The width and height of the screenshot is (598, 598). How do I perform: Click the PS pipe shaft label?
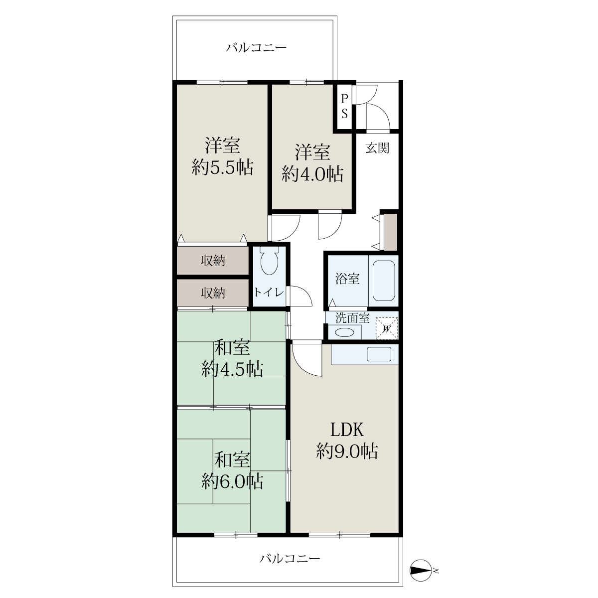tap(344, 107)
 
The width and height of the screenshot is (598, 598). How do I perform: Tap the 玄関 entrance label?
tap(377, 148)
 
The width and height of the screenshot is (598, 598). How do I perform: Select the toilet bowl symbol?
tap(269, 260)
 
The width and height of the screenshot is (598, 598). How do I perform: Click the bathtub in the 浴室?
tap(384, 281)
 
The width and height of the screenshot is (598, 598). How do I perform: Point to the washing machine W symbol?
tap(387, 328)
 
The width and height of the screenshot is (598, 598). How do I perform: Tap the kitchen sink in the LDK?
tap(379, 354)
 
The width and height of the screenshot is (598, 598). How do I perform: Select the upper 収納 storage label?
tap(213, 261)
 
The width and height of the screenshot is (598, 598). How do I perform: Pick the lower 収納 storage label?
tap(213, 293)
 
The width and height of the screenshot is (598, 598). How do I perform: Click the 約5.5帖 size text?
tap(222, 167)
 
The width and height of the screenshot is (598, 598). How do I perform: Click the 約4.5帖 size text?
tap(232, 369)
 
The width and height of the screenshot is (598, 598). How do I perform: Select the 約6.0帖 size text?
tap(232, 481)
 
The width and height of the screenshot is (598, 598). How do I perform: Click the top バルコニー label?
tap(256, 48)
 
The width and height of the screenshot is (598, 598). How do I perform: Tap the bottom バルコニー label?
tap(290, 559)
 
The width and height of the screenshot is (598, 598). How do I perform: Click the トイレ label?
tap(269, 292)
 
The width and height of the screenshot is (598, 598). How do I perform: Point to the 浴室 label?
tap(347, 279)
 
